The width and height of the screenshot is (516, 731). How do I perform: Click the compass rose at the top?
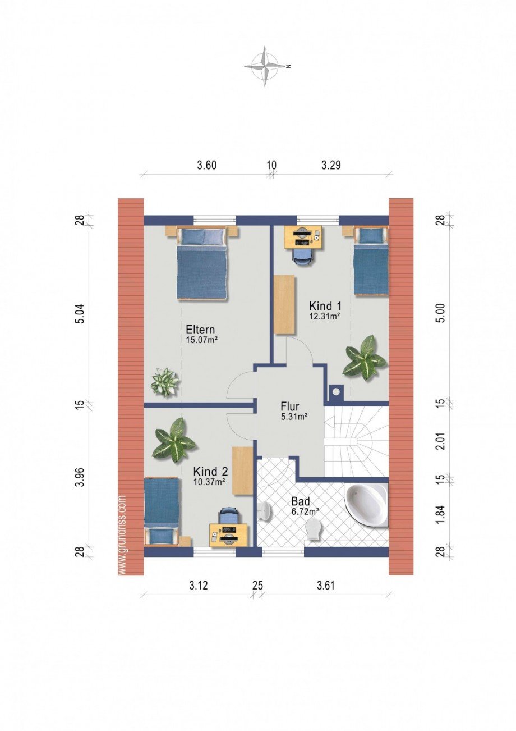click(266, 66)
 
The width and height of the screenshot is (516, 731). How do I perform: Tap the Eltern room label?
click(201, 330)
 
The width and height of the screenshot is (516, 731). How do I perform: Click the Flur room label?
click(289, 406)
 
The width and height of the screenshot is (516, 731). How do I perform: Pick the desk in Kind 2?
click(228, 534)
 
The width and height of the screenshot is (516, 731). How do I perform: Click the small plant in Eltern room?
click(165, 381)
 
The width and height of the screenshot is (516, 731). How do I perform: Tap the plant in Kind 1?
click(365, 358)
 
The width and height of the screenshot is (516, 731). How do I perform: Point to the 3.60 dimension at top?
click(206, 165)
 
